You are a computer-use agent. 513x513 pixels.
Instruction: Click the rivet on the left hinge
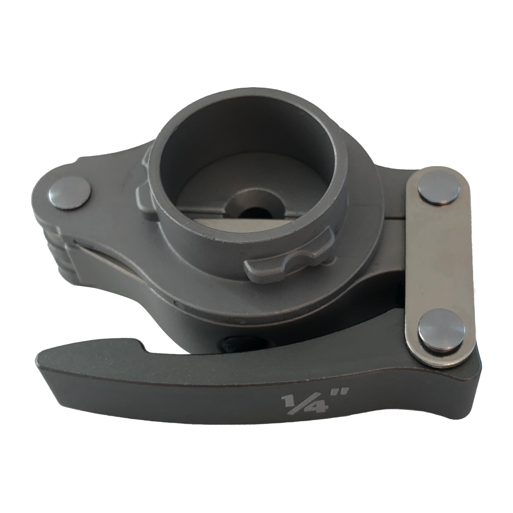click(x=70, y=196)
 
